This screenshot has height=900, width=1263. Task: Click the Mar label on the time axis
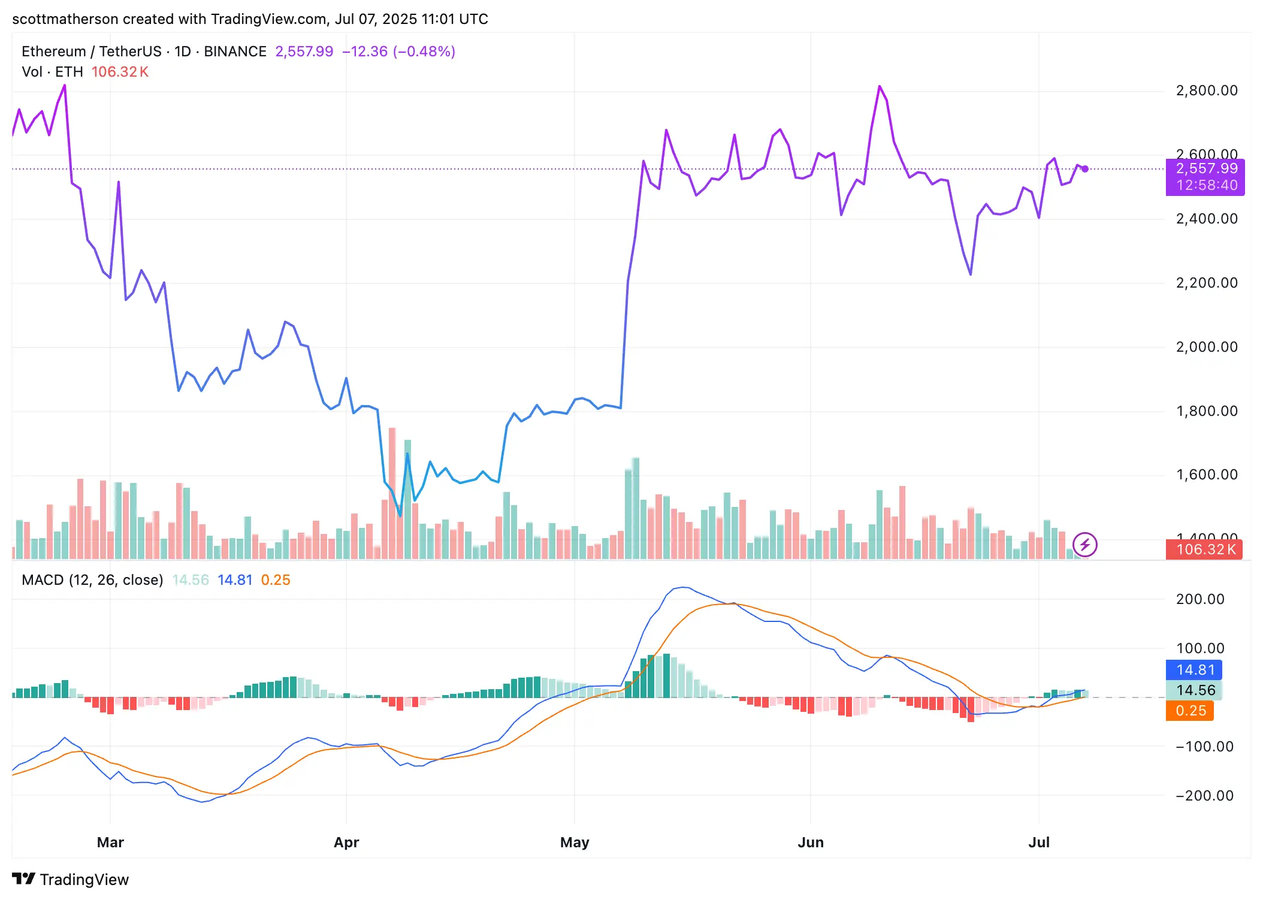[x=110, y=842]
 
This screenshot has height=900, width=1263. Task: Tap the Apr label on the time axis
[x=346, y=842]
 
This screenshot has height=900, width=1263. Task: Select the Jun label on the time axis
[x=810, y=842]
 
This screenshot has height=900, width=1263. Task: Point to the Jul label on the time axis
[x=1038, y=842]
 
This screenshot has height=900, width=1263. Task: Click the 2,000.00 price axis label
[x=1206, y=347]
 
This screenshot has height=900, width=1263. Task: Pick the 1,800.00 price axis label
[x=1206, y=411]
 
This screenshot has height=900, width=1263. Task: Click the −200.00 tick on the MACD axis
[x=1204, y=796]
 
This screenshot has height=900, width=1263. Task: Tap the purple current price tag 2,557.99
[x=1205, y=169]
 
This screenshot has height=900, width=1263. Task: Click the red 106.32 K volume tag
[x=1204, y=549]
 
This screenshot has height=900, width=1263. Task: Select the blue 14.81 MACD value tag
[x=1193, y=670]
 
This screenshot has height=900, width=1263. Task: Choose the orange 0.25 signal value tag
[x=1189, y=711]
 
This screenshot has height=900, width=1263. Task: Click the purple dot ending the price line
[x=1084, y=169]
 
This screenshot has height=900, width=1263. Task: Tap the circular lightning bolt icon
[x=1084, y=545]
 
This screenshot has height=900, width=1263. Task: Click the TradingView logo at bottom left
[x=70, y=879]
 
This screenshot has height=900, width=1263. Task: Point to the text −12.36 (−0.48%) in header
[x=398, y=52]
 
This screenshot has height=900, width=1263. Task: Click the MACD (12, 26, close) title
[x=92, y=580]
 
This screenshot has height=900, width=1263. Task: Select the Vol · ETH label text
[x=52, y=72]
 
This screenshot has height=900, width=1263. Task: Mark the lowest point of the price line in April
[x=400, y=515]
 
